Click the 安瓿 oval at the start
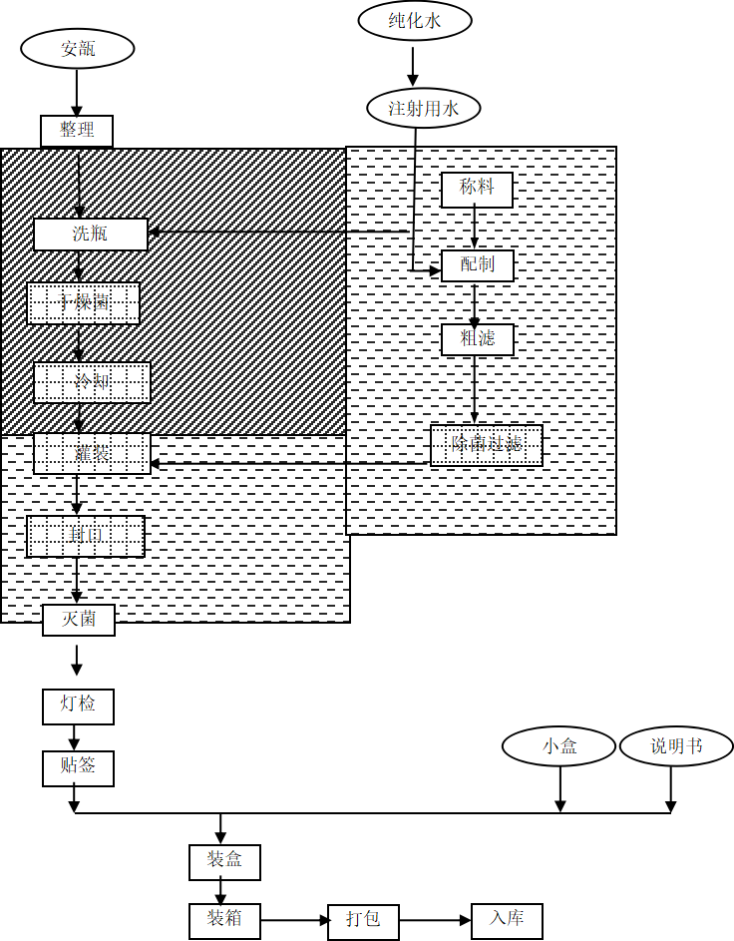tap(77, 49)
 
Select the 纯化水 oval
tap(415, 20)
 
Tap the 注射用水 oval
tap(424, 108)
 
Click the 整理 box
tap(77, 131)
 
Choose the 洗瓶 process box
tap(91, 235)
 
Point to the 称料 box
tap(477, 189)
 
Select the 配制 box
tap(477, 265)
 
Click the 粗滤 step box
tap(478, 339)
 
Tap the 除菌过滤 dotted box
tap(487, 445)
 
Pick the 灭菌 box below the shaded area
tap(79, 620)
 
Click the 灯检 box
tap(79, 706)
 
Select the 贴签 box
tap(79, 768)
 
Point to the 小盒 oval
tap(558, 746)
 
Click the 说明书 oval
tap(676, 746)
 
